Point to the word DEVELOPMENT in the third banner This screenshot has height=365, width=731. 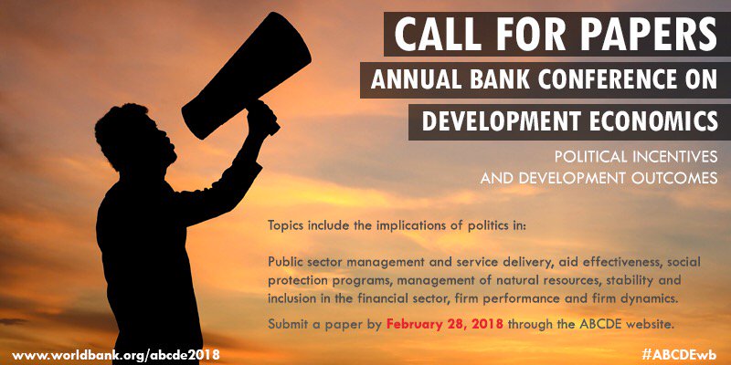493,121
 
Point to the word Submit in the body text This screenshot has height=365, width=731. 289,324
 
